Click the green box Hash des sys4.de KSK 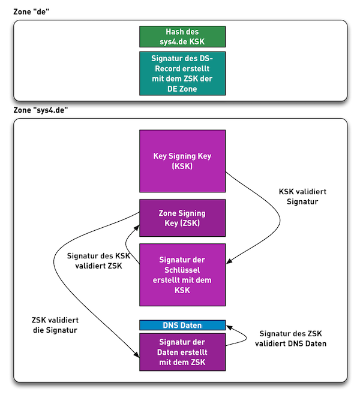182,37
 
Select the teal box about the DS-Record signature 182,73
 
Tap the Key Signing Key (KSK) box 182,161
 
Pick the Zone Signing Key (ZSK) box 182,218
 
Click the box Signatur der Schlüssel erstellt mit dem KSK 182,275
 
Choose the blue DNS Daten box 182,325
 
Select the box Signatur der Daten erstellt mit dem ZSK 182,352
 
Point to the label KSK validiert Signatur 303,197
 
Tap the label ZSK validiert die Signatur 55,325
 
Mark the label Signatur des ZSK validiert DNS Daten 290,339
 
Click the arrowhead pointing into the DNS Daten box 229,327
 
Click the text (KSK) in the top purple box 182,166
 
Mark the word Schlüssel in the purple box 182,270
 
